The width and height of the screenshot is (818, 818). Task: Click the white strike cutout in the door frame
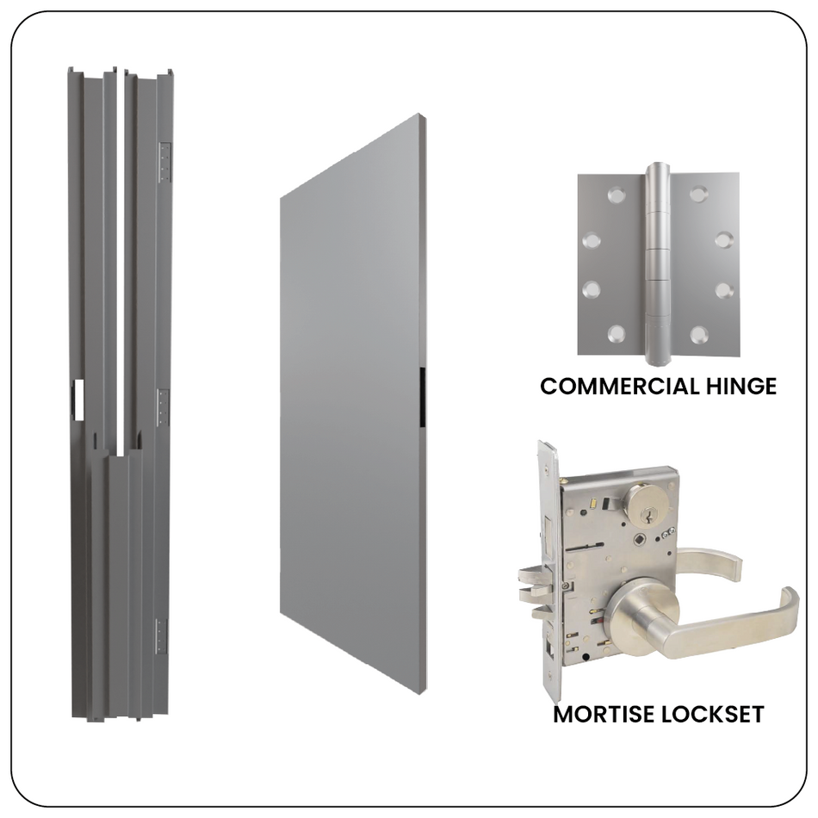pos(75,399)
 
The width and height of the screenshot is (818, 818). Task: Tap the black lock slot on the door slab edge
pos(421,396)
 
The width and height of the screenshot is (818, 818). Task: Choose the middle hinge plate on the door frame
pos(162,406)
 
